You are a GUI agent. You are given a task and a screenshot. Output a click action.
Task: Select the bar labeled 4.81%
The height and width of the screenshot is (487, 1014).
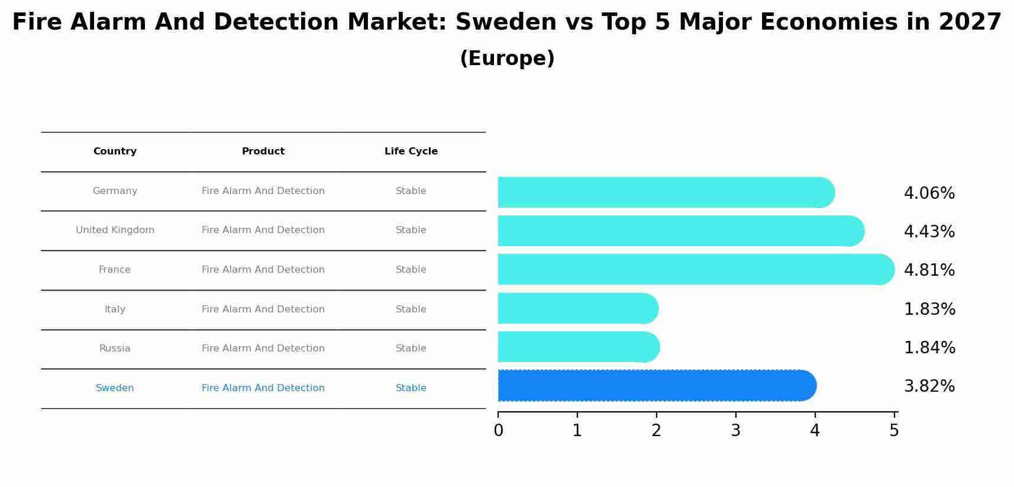coord(692,270)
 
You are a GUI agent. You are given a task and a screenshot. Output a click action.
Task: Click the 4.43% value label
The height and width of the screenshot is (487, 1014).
coord(929,232)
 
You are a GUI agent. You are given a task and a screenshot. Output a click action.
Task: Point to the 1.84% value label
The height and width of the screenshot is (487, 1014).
coord(929,348)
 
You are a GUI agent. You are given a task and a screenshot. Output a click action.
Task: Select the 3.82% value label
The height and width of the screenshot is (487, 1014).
coord(929,386)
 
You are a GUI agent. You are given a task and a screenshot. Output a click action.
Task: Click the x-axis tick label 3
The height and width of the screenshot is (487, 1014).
coord(735,431)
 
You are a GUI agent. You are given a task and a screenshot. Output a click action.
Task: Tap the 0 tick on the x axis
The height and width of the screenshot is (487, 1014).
coord(498,431)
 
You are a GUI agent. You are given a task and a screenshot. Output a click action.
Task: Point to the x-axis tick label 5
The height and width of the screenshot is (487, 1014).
coord(894,431)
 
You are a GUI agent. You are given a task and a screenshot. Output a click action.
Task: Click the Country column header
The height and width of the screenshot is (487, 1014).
coord(115,151)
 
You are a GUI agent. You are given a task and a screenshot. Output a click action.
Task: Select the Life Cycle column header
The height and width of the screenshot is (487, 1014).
coord(411,151)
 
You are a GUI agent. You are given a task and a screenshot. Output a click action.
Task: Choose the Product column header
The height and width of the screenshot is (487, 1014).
coord(263,151)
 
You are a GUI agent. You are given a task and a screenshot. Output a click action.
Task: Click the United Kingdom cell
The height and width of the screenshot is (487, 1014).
coord(115,230)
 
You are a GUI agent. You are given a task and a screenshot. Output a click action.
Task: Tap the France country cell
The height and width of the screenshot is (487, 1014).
coord(115,270)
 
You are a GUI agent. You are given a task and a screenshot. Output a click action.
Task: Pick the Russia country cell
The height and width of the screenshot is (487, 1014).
coord(115,349)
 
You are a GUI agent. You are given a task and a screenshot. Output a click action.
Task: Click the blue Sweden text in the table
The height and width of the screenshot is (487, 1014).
coord(115,388)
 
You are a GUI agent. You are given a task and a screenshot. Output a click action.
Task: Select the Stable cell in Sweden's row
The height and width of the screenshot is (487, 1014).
coord(411,388)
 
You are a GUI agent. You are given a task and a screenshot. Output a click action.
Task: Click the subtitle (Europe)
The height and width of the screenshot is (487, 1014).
coord(507,59)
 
